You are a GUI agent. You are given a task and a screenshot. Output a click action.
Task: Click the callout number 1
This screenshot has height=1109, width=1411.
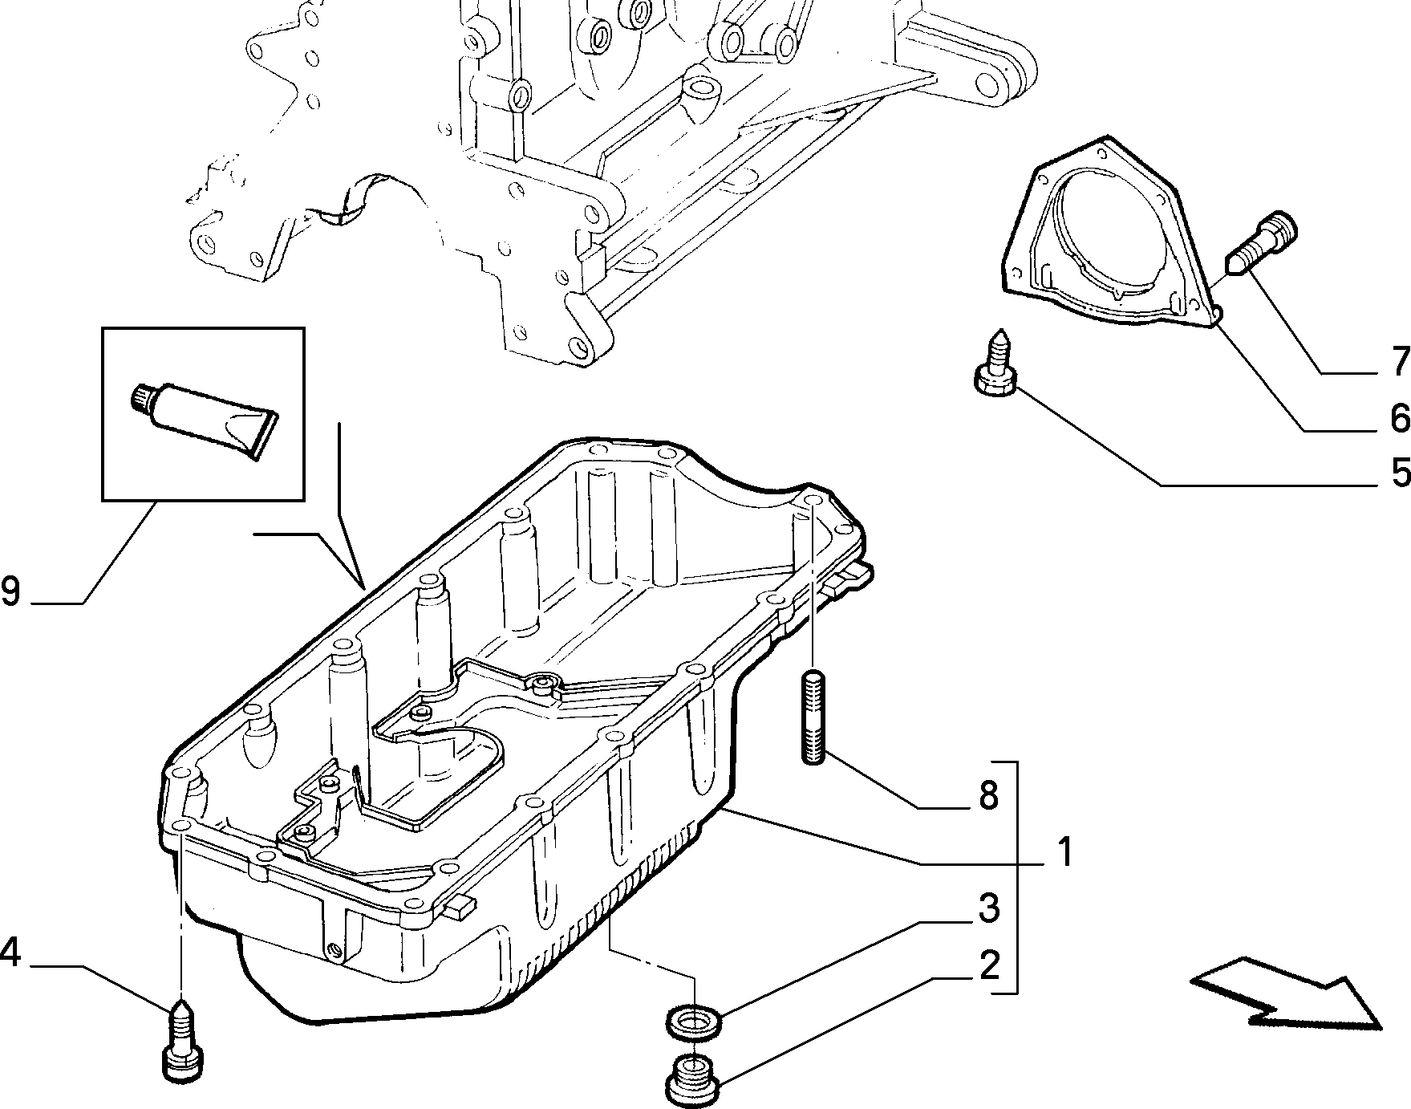(1063, 852)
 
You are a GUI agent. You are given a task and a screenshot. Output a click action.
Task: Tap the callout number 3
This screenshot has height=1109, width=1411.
(989, 908)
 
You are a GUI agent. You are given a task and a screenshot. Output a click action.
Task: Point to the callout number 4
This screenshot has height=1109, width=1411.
(10, 953)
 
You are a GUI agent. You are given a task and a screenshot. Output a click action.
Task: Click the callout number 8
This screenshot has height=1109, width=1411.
(988, 795)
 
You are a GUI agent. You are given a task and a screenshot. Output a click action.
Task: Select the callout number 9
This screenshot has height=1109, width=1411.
(10, 591)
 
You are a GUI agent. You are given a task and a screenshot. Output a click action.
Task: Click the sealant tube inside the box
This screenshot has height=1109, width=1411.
(203, 412)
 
